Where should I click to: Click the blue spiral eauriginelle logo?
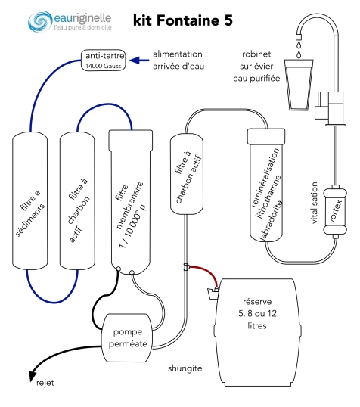(40, 21)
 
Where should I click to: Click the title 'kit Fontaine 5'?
(183, 20)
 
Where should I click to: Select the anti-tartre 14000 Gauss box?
(104, 61)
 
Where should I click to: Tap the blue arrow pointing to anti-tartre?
(139, 61)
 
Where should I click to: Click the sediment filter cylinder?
(29, 200)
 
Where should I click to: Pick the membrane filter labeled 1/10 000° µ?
(131, 202)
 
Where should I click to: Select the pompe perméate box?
(127, 337)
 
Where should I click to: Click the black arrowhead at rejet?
(33, 377)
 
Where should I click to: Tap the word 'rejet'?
(45, 383)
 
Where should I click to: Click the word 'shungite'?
(185, 368)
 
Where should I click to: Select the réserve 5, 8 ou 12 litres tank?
(257, 333)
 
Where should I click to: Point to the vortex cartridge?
(335, 211)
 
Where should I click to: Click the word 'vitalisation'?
(314, 203)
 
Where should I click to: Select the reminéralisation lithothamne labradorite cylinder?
(266, 185)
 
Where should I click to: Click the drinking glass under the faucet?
(299, 85)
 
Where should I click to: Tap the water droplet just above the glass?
(299, 54)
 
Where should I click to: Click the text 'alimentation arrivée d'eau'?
(178, 61)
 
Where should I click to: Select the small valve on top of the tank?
(213, 293)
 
